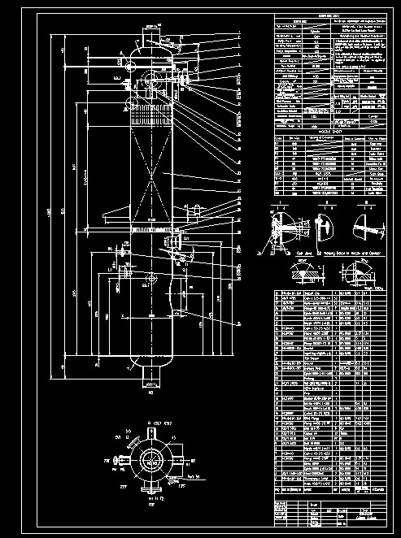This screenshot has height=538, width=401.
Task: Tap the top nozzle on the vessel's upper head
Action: coord(151,39)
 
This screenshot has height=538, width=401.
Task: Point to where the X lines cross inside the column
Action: coord(150,174)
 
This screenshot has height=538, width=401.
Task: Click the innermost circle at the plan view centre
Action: coord(151,458)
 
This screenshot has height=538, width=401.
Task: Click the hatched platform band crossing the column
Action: coord(151,236)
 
